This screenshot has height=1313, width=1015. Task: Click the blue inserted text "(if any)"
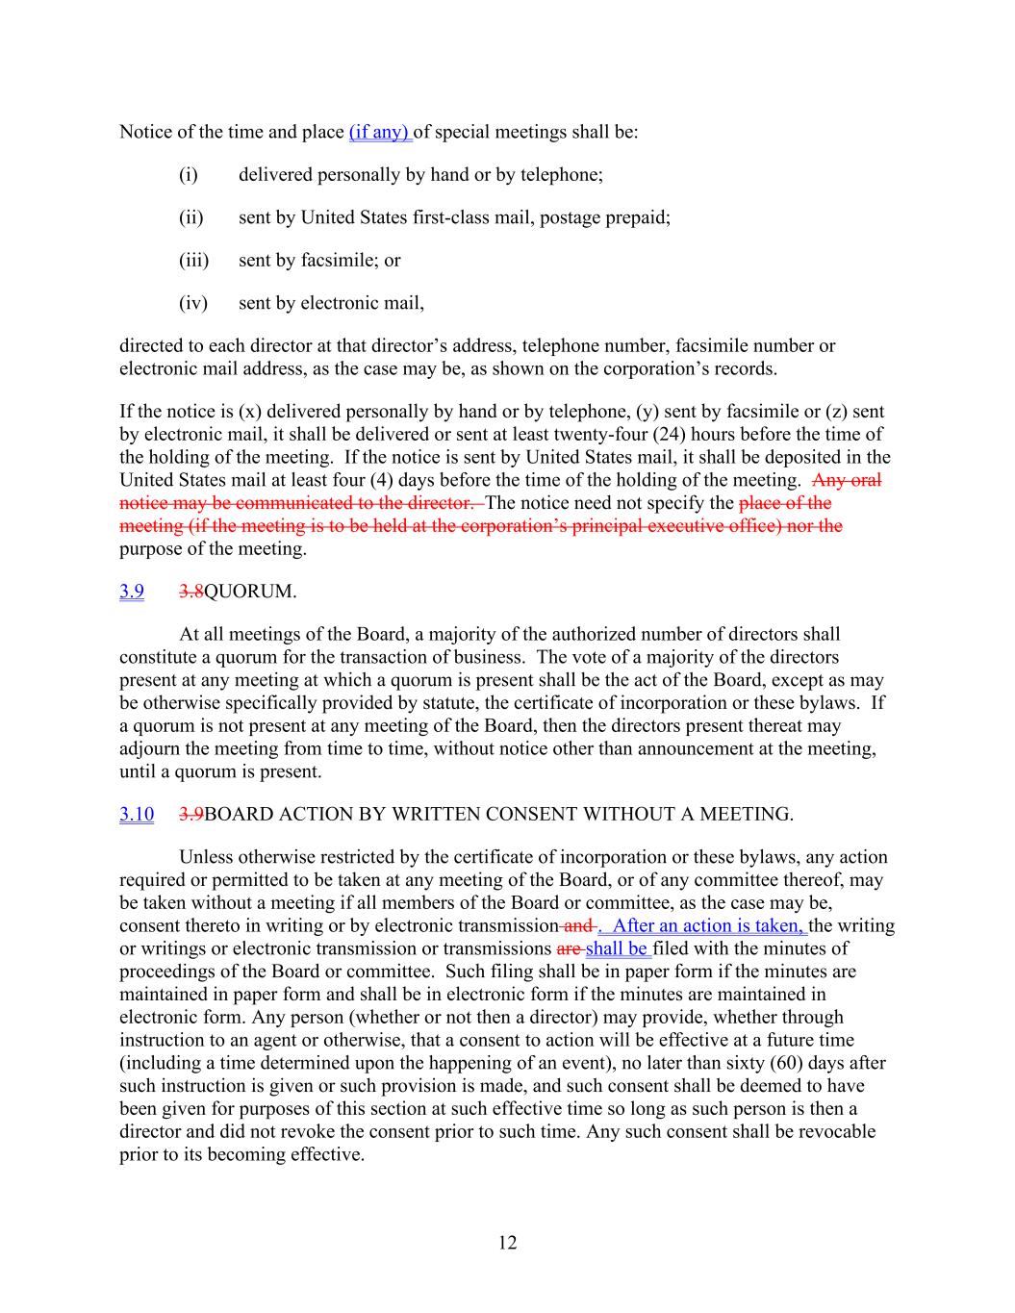[x=380, y=132]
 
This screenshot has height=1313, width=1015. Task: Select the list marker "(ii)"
[x=190, y=217]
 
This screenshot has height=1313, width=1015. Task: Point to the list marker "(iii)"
[x=193, y=260]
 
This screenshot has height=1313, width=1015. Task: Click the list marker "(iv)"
[x=193, y=303]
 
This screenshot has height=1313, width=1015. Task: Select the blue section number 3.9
[x=132, y=592]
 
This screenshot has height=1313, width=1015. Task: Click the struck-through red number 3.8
[x=191, y=592]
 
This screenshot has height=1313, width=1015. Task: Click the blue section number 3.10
[x=137, y=815]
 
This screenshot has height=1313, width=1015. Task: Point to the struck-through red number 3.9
[x=191, y=815]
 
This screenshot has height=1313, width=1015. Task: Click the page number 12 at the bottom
[x=508, y=1243]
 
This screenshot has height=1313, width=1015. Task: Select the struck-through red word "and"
[x=577, y=926]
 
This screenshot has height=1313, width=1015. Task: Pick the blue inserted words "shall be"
[x=617, y=949]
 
